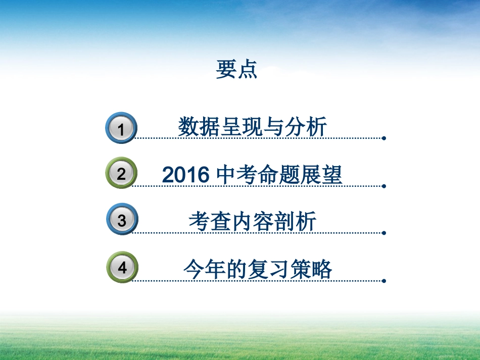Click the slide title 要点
[x=236, y=70]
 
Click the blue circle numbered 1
[x=121, y=128]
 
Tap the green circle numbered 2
[x=121, y=174]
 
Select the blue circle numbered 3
[x=122, y=220]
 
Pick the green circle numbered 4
[x=122, y=268]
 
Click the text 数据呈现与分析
[x=252, y=126]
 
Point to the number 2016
[x=185, y=175]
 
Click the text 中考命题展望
[x=279, y=175]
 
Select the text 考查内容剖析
[x=253, y=221]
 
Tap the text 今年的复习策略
[x=258, y=269]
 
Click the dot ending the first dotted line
[x=384, y=138]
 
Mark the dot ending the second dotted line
[x=384, y=185]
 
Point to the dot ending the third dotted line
[x=384, y=233]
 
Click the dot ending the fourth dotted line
[x=384, y=281]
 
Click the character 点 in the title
[x=247, y=70]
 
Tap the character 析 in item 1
[x=316, y=126]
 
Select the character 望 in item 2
[x=332, y=175]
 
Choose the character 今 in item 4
[x=194, y=269]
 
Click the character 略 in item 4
[x=322, y=269]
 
